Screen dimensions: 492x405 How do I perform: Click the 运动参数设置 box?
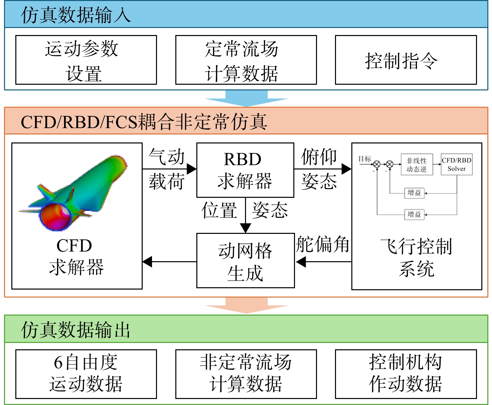[86, 60]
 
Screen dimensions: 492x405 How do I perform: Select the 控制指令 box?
[406, 60]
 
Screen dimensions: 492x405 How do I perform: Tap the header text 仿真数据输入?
[76, 15]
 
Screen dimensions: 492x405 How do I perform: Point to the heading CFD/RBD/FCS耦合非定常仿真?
[144, 121]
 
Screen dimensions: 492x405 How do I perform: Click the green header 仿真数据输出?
[75, 330]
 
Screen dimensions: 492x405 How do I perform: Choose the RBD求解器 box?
[245, 170]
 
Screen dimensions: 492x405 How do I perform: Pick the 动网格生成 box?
[245, 261]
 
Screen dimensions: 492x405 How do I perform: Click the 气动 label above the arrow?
[167, 156]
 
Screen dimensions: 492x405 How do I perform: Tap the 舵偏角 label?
[322, 244]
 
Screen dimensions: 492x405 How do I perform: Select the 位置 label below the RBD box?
[219, 210]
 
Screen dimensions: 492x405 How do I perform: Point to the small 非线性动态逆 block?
[417, 164]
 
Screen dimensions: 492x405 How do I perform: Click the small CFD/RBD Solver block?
[457, 164]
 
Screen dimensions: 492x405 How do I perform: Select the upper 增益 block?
[414, 193]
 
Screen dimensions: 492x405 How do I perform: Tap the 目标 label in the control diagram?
[365, 159]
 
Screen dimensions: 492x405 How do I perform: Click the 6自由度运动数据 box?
[86, 374]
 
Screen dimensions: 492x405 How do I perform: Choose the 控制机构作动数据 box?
[406, 374]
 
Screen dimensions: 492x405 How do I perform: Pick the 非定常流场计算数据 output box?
[246, 374]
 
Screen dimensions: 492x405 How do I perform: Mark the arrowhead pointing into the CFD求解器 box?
[147, 262]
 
